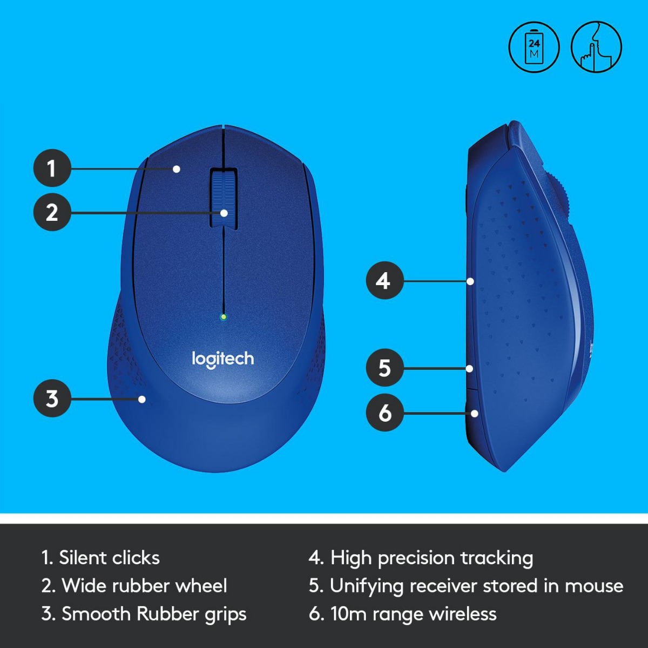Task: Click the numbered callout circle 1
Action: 52,168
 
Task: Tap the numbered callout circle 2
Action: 52,212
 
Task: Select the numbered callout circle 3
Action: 52,399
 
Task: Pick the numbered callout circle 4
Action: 384,281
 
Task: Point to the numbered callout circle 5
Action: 384,368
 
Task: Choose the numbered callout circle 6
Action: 384,413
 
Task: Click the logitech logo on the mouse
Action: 222,359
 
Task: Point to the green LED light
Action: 224,317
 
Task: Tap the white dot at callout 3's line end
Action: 142,399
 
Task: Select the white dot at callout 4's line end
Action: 471,281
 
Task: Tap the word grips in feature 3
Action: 225,615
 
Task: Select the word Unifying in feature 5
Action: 366,586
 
